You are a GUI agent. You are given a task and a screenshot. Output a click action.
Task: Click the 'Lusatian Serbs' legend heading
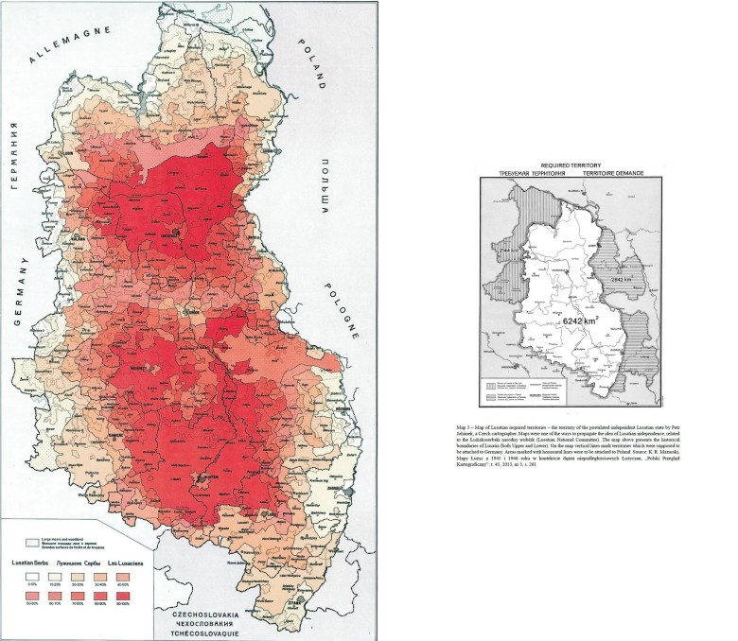[x=29, y=562]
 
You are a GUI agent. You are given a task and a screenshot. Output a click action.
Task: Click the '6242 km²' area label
[x=559, y=320]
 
